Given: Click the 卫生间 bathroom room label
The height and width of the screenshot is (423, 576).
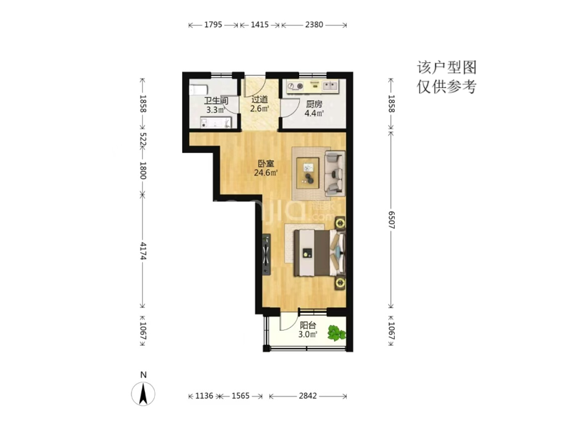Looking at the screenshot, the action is click(x=216, y=101).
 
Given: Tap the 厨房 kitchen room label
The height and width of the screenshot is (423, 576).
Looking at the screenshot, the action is click(x=314, y=104).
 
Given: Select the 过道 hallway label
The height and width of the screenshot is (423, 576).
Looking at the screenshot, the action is click(x=260, y=99).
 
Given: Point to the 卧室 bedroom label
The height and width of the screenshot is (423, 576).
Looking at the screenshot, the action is click(x=266, y=164).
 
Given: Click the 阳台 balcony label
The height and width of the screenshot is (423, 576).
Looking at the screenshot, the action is click(x=308, y=326).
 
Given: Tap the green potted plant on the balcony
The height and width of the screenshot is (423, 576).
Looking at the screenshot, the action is click(x=336, y=333).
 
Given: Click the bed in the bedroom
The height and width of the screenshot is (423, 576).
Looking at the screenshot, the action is click(x=319, y=253).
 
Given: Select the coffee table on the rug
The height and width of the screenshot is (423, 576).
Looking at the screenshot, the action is click(x=308, y=173).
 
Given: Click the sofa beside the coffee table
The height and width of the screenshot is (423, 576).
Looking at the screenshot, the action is click(x=335, y=173).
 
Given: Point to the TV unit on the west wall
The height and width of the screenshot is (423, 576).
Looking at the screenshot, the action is click(x=266, y=254).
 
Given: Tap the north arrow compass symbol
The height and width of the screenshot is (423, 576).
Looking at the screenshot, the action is click(x=143, y=394).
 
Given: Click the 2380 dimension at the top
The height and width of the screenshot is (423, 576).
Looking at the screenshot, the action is click(x=314, y=24).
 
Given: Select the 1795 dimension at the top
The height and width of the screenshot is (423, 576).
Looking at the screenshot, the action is click(x=213, y=24).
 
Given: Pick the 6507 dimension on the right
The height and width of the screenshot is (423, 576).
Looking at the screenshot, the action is click(x=391, y=220).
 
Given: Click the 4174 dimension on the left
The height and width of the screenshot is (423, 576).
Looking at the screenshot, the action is click(x=143, y=251).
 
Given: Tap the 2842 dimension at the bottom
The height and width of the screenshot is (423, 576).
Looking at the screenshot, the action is click(x=308, y=396).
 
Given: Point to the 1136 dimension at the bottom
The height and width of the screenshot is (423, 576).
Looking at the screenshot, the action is click(x=204, y=396).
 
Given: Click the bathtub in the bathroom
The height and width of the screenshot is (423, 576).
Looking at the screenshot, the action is click(x=198, y=90).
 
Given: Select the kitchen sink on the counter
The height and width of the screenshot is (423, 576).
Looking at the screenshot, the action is click(x=330, y=86).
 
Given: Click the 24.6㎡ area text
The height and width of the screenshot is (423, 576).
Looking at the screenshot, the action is click(x=266, y=172).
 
